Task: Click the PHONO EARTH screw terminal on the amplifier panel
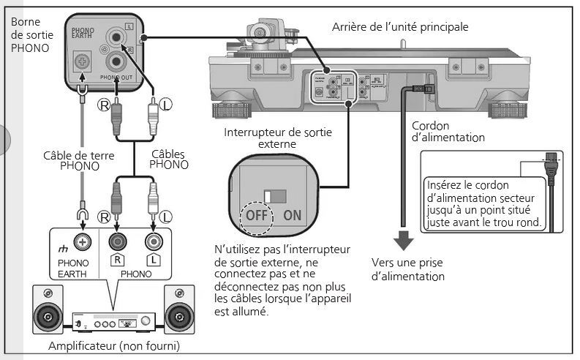pos(83,242)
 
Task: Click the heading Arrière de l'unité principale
pos(400,27)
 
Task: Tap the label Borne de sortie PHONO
pos(30,34)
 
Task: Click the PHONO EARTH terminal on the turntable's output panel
pos(82,64)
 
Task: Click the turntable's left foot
pos(231,110)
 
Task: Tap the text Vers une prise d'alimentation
pos(407,269)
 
